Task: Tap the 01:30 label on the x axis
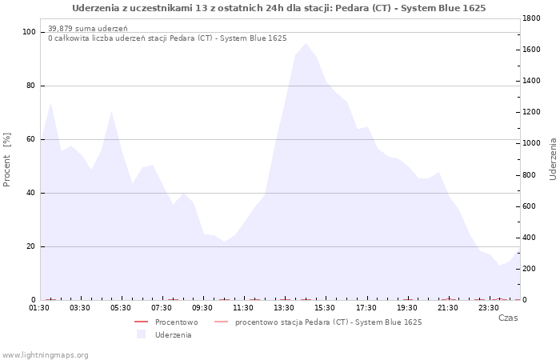point(41,308)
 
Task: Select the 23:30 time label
point(490,308)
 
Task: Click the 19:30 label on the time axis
point(408,308)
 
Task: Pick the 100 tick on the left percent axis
point(30,32)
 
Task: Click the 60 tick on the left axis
point(31,139)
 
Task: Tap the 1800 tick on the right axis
point(532,18)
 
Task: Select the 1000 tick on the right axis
point(532,143)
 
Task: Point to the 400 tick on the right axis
point(530,238)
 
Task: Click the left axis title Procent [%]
point(7,160)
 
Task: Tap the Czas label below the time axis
point(508,318)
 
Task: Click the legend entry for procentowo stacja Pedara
point(328,322)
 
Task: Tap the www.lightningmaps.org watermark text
point(46,355)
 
